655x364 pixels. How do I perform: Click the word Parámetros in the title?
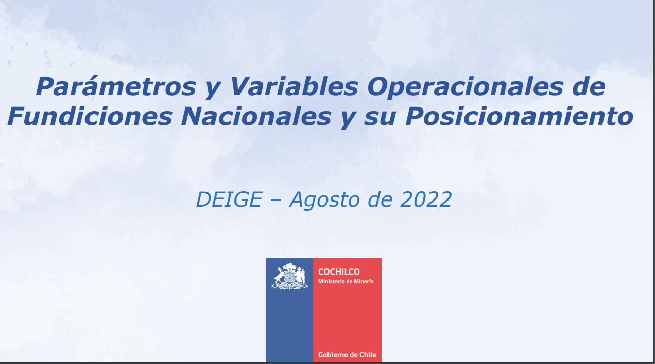(x=116, y=87)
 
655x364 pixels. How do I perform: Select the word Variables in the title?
(x=295, y=86)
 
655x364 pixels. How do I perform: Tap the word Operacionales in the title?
(x=465, y=87)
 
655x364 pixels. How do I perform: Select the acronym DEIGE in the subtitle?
(x=229, y=199)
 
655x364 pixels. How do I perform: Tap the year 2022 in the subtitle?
(x=426, y=199)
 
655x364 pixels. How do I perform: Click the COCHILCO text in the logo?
(x=339, y=272)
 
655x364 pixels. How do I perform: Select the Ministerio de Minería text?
(x=346, y=281)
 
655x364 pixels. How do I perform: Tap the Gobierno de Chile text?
(x=347, y=355)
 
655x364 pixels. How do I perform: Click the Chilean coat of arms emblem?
(x=290, y=276)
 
